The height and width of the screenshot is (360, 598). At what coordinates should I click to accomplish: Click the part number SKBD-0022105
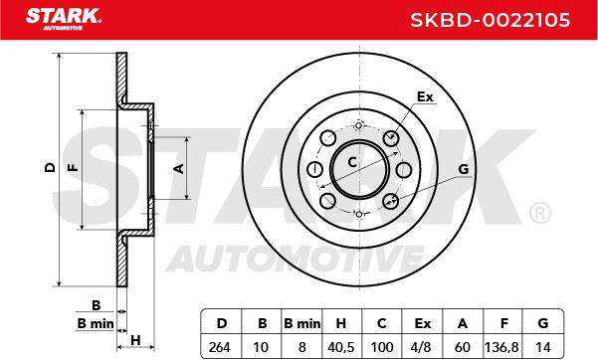(491, 20)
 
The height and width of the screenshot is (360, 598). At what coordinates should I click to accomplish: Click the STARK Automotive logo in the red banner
(64, 19)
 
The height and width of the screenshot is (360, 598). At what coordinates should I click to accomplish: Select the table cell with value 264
(220, 347)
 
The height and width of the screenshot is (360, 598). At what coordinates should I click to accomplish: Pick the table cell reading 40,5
(341, 347)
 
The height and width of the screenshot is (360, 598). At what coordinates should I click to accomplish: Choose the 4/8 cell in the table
(422, 347)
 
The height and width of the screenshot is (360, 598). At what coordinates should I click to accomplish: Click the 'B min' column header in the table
(302, 323)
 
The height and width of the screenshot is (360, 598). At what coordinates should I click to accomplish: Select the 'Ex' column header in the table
(422, 323)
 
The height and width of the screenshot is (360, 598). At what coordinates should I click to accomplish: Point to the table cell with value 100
(382, 347)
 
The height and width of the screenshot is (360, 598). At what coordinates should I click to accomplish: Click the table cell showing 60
(463, 347)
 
